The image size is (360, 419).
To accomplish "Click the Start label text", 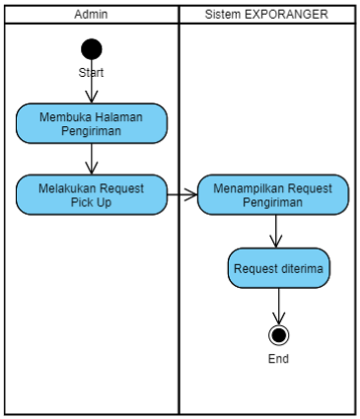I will click(92, 72).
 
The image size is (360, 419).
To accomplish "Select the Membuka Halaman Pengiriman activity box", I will click(92, 122).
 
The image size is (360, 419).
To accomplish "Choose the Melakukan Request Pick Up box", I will click(92, 194).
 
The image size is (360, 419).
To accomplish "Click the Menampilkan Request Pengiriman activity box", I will click(272, 194).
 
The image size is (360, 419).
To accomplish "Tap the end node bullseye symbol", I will click(279, 335).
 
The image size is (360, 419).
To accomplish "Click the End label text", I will click(279, 359).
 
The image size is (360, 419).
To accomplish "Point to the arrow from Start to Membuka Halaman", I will click(92, 89).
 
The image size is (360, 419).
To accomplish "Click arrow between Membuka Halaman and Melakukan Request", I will click(92, 159).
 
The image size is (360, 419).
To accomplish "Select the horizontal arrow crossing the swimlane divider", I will click(181, 194).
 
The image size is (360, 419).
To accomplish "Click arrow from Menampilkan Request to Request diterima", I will click(278, 232).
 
